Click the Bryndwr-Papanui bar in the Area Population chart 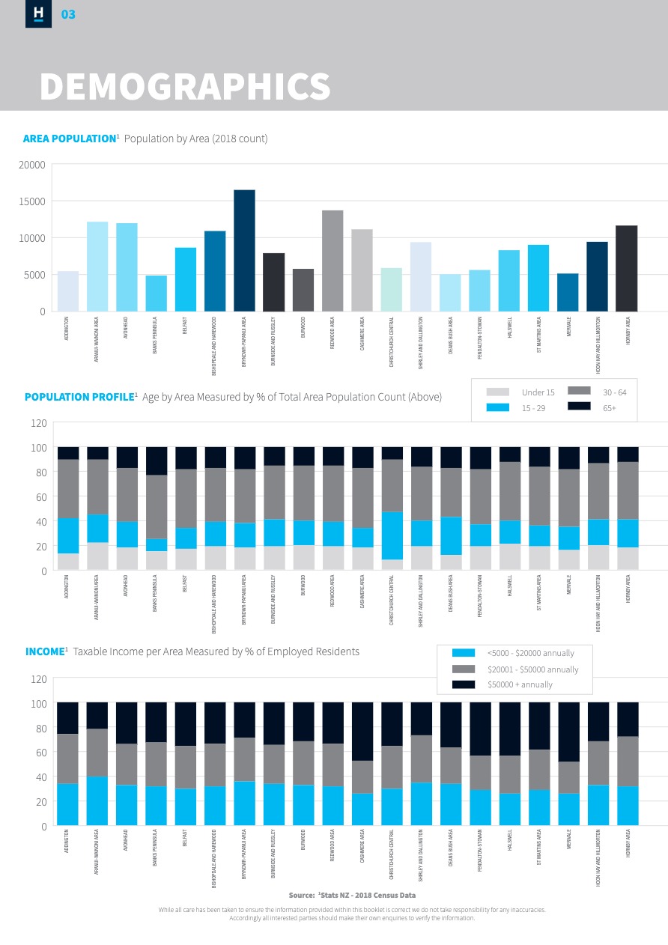tap(244, 251)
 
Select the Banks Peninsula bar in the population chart tap(156, 294)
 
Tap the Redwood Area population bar tap(333, 261)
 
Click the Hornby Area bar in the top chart tap(627, 268)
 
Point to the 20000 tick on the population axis tap(32, 165)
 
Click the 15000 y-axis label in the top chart tap(32, 201)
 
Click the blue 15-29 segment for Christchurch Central tap(392, 535)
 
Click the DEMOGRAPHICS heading tap(185, 87)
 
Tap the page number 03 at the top tap(68, 14)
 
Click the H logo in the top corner tap(38, 13)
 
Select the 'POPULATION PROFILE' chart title tap(79, 397)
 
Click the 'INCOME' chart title tap(45, 651)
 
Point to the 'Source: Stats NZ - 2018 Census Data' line tap(352, 895)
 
